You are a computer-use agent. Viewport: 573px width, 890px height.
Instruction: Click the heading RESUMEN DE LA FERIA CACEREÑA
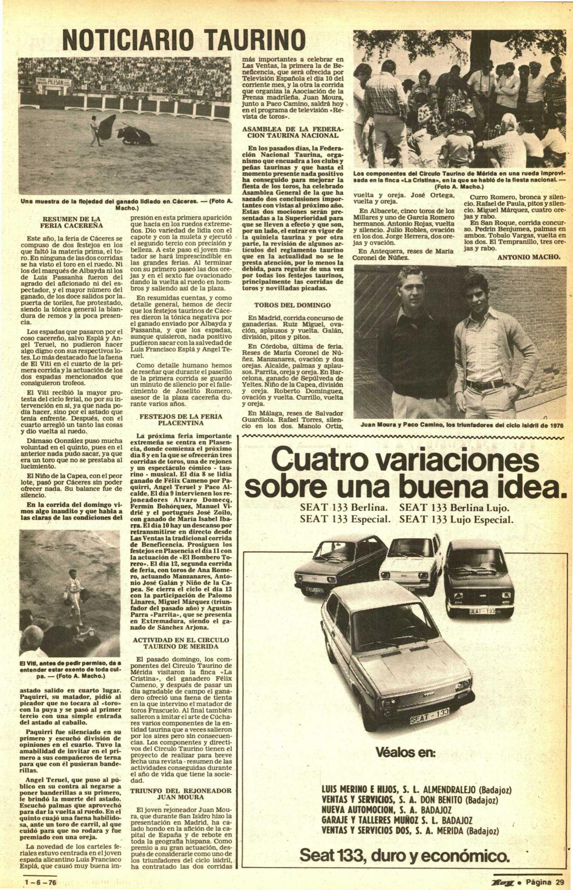click(71, 222)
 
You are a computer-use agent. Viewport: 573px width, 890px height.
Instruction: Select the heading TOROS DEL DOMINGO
click(292, 305)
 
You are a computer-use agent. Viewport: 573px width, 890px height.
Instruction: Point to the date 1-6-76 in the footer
click(41, 882)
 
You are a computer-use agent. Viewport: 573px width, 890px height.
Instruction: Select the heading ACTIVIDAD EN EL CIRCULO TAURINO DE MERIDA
click(180, 643)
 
